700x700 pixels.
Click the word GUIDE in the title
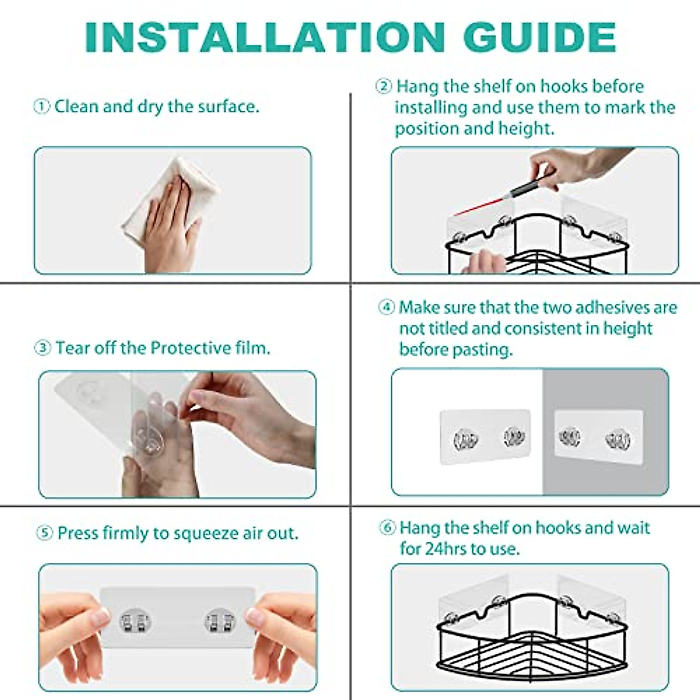click(539, 38)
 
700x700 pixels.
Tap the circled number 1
click(41, 107)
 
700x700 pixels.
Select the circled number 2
click(383, 87)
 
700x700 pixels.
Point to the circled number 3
click(43, 348)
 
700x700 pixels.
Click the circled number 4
click(386, 307)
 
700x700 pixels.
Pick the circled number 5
click(45, 533)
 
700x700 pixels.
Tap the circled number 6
click(387, 528)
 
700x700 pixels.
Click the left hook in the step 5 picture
click(135, 620)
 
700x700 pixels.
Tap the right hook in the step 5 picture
click(220, 620)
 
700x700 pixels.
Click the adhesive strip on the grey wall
click(598, 436)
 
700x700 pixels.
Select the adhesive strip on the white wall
click(485, 437)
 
